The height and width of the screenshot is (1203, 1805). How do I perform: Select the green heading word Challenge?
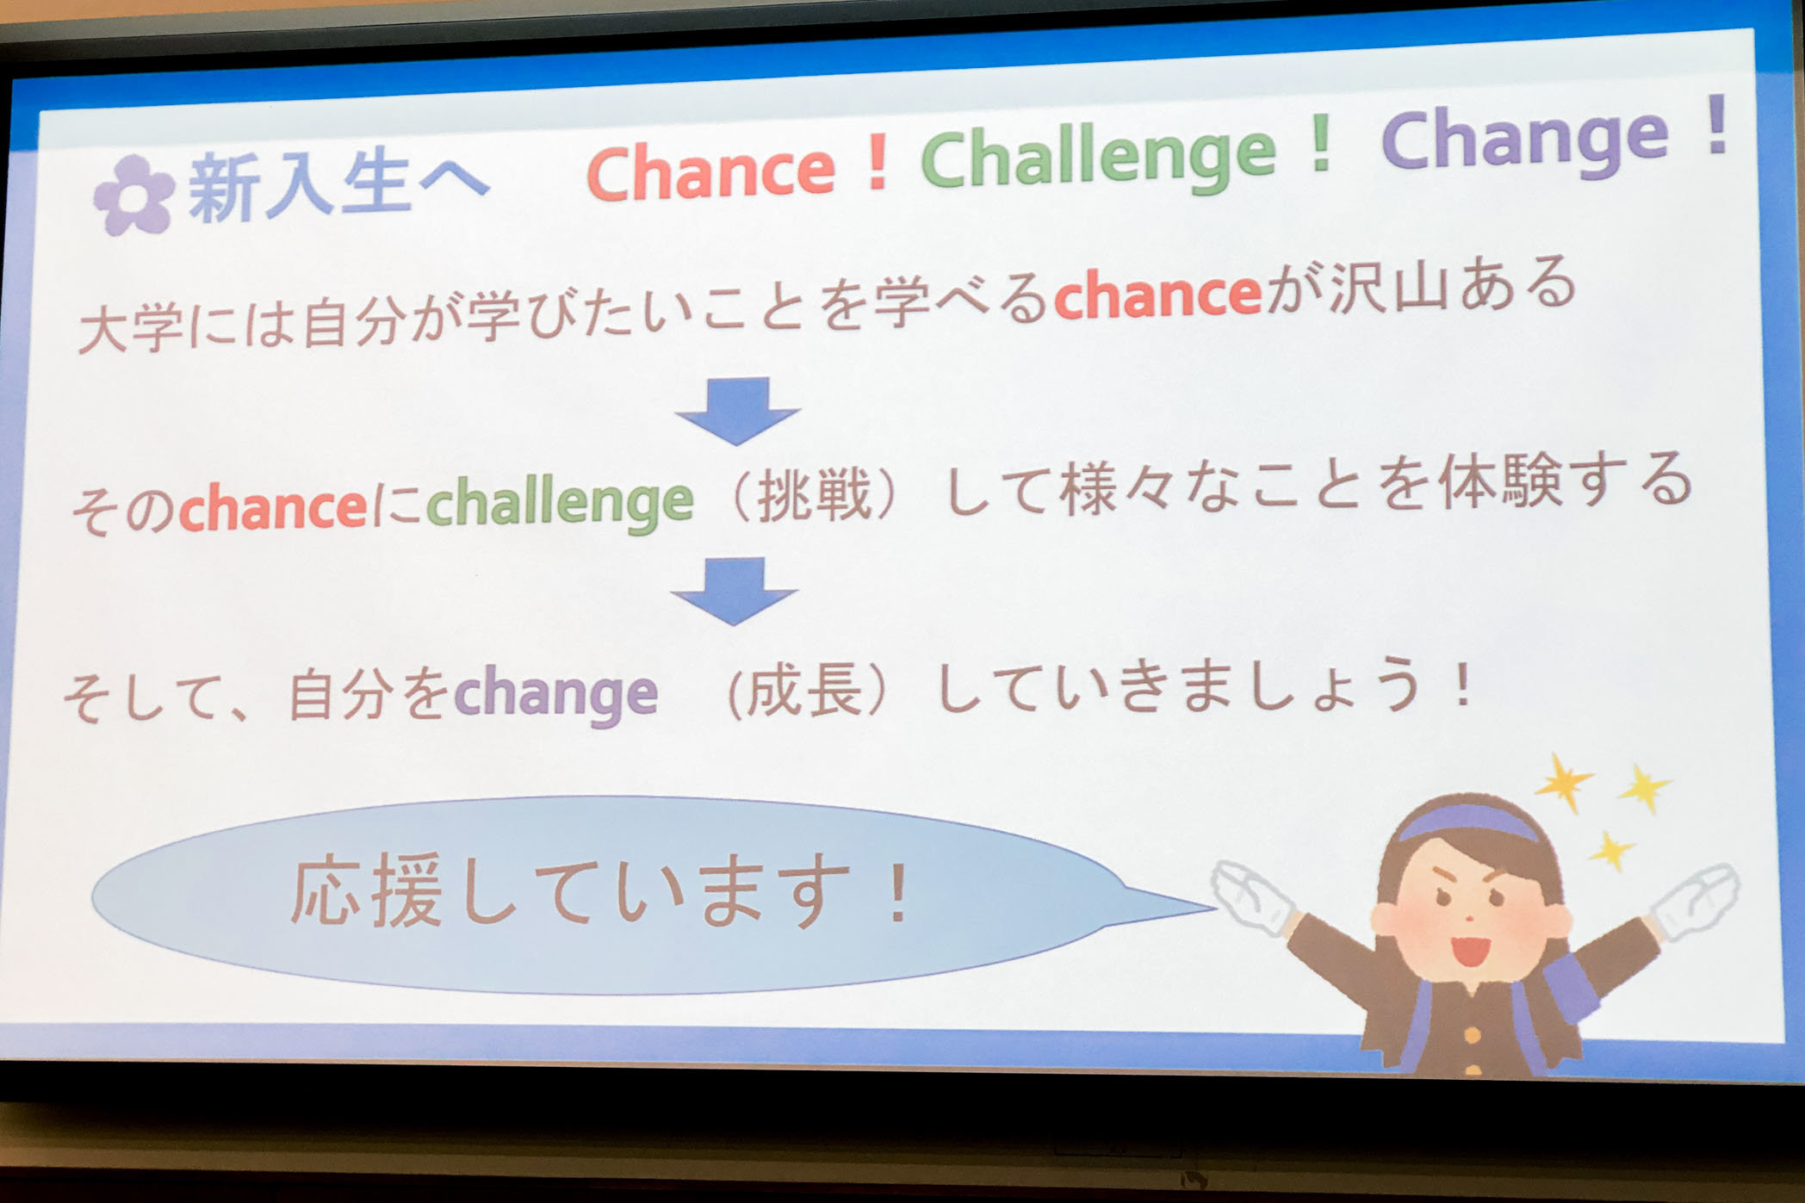click(x=1098, y=155)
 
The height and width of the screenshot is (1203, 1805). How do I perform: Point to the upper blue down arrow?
click(x=738, y=411)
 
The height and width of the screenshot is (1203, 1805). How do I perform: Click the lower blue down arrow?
click(x=735, y=591)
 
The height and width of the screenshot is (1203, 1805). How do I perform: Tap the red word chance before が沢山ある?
click(x=1158, y=295)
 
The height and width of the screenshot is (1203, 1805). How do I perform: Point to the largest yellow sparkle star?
click(x=1564, y=782)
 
